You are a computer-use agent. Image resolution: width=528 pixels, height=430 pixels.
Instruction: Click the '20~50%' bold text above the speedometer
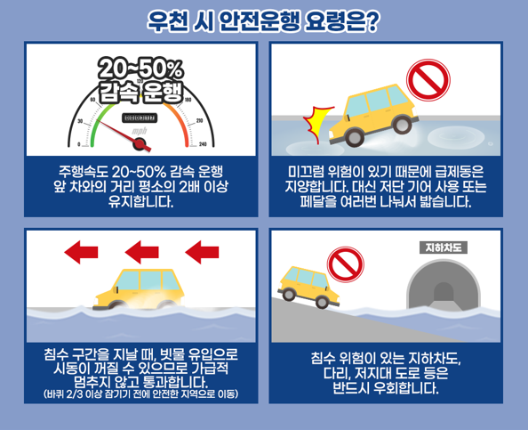140,69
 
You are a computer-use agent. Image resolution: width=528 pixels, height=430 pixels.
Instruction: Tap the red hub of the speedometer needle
140,144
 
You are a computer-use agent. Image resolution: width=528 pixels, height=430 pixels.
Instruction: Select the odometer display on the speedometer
140,118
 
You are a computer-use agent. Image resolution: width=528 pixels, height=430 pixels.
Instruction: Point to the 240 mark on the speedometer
203,144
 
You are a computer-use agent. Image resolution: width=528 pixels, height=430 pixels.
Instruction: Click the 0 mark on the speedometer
79,144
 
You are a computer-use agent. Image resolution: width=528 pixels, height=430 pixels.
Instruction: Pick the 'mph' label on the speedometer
140,131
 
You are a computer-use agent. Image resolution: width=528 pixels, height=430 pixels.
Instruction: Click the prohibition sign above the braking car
428,80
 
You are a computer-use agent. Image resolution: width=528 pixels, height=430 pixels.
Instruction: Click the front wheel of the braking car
354,137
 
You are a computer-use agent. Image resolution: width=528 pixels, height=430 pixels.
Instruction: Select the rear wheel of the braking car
402,124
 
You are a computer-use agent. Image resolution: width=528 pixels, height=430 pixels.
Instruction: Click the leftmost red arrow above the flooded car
81,252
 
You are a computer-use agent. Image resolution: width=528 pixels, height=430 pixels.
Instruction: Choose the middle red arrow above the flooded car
141,252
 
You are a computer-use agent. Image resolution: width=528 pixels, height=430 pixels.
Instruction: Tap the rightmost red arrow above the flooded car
202,252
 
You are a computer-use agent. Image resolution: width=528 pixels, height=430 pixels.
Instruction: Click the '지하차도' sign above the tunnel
444,247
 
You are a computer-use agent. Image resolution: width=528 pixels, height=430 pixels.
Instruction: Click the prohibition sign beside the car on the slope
346,264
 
